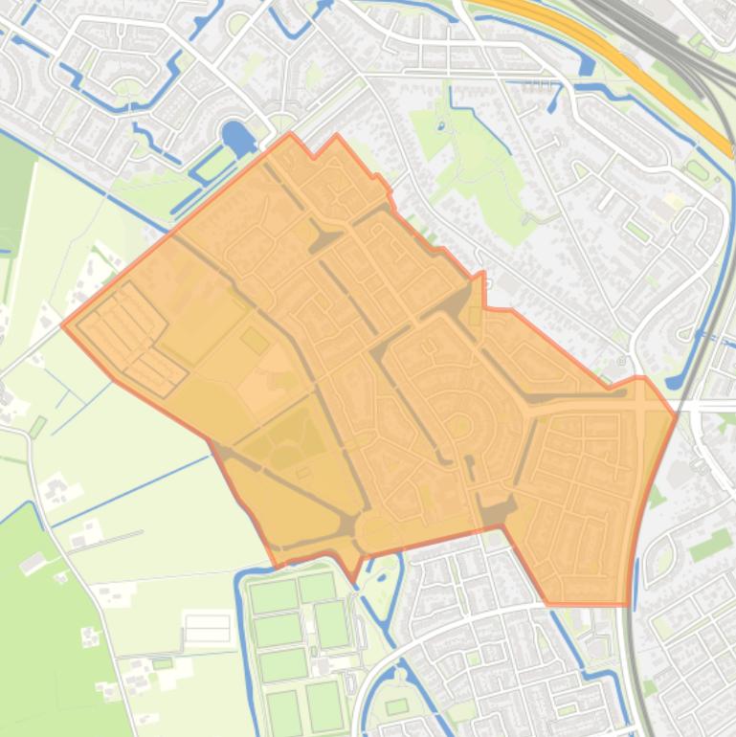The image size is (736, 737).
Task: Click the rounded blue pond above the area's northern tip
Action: pyautogui.click(x=235, y=138)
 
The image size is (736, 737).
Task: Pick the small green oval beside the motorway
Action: pyautogui.click(x=696, y=170)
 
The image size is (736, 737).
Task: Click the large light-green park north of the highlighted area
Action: pyautogui.click(x=469, y=153)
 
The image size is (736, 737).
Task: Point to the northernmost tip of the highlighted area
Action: pyautogui.click(x=291, y=134)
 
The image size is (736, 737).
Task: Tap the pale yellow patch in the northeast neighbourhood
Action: pyautogui.click(x=673, y=202)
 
